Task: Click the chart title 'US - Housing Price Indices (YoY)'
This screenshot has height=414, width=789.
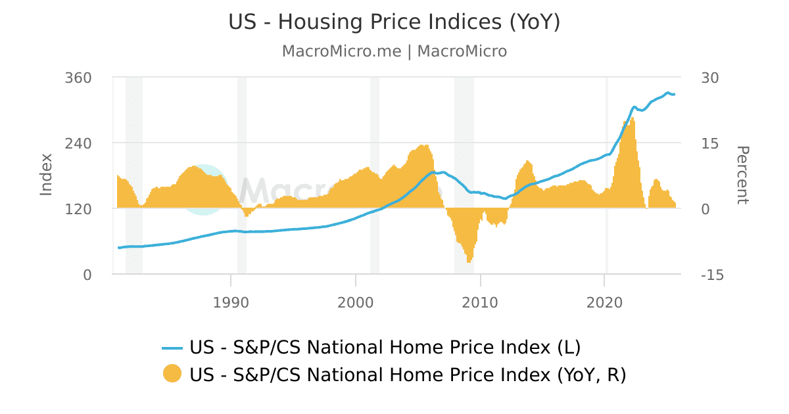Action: coord(394,22)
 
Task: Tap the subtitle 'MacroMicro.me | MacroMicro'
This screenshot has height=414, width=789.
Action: coord(394,51)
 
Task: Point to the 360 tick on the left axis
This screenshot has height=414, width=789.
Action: coord(78,78)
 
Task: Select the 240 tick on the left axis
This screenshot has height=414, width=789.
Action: coord(78,143)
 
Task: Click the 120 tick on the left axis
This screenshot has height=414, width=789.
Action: coord(78,209)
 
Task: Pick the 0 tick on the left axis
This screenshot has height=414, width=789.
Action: coord(87,275)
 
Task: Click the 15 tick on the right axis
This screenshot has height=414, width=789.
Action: coord(710,143)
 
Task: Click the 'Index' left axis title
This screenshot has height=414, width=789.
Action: coord(46,174)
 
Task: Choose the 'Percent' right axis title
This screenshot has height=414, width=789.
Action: coord(742,175)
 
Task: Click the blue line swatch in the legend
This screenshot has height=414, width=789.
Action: coord(172,347)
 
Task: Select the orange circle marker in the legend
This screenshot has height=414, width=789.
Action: coord(172,374)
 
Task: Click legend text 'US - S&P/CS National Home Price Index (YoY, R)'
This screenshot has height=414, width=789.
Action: coord(408,375)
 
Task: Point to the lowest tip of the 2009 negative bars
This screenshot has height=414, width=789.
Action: coord(469,262)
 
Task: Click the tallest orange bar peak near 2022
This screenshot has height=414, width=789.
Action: coord(633,119)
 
